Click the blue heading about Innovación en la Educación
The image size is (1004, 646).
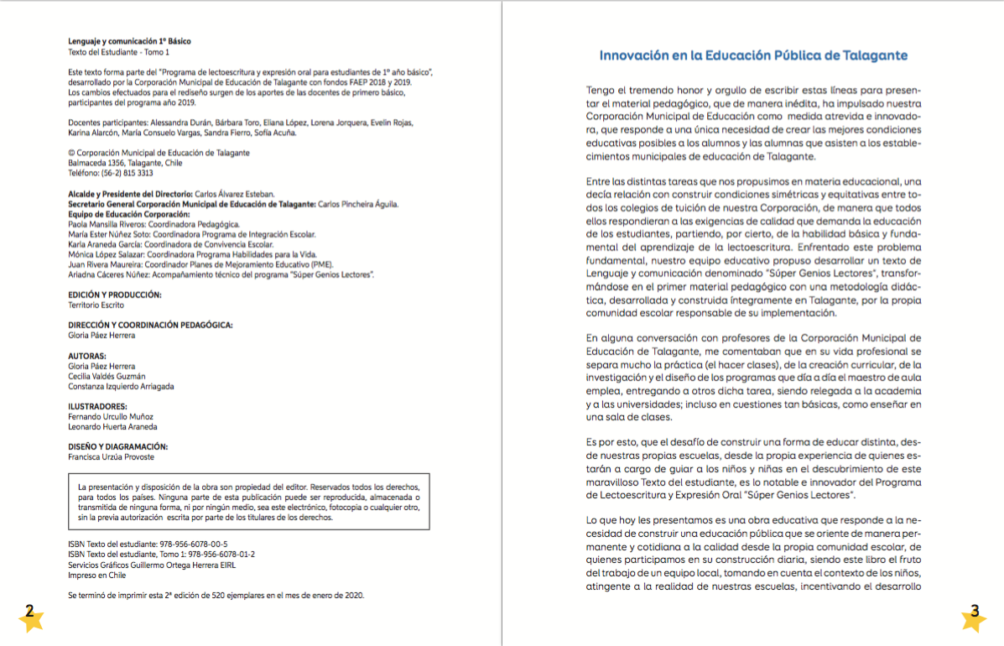click(x=753, y=55)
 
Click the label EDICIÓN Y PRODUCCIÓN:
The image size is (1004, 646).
click(x=115, y=295)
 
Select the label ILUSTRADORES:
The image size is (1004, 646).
click(x=97, y=406)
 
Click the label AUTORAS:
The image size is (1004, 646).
click(x=87, y=356)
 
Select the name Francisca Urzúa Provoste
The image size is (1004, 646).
click(x=111, y=457)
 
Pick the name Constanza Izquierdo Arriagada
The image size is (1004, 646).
click(x=121, y=386)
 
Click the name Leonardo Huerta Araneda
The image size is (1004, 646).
click(x=112, y=426)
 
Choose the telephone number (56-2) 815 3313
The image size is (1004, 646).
click(x=125, y=173)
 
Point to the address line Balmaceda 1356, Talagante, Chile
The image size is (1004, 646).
click(x=125, y=163)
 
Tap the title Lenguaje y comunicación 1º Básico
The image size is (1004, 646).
click(x=129, y=41)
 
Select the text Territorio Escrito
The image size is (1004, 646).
click(x=96, y=305)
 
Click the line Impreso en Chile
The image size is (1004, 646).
click(x=96, y=575)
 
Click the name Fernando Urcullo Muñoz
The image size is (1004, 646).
click(x=111, y=416)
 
